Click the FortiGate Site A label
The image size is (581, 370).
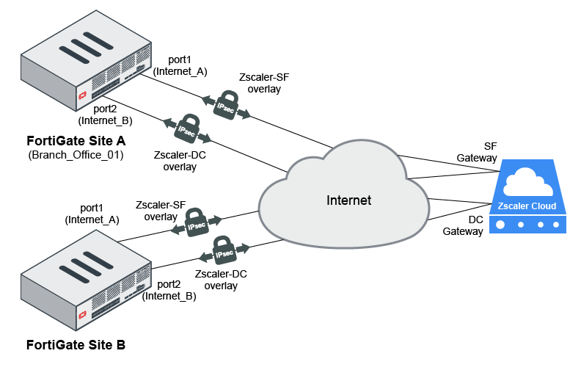76,141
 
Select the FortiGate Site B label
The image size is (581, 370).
76,344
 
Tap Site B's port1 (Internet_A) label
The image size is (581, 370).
92,214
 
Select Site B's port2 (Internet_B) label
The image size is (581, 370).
169,290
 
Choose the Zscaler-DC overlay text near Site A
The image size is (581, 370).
175,161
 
